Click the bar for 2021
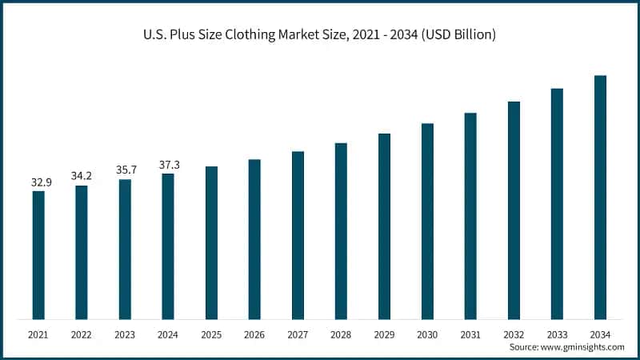[x=38, y=256]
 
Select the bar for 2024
[x=168, y=247]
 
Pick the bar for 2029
[x=384, y=227]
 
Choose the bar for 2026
[x=254, y=240]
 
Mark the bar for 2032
[x=514, y=211]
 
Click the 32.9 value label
[x=42, y=182]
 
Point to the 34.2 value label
[x=82, y=176]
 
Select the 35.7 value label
[x=125, y=170]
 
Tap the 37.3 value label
[x=168, y=164]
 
